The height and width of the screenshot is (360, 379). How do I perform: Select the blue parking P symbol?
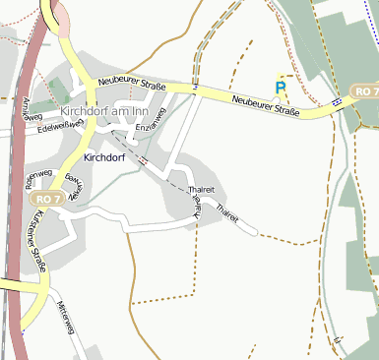click(x=282, y=88)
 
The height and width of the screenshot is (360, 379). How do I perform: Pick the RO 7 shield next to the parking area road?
click(x=363, y=91)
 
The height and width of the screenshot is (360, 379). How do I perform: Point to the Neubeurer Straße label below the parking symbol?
click(x=266, y=106)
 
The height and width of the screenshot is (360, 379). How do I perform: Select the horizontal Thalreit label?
click(x=201, y=190)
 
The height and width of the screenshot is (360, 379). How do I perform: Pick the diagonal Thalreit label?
click(x=225, y=209)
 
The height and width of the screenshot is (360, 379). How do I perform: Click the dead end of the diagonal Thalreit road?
click(x=258, y=234)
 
